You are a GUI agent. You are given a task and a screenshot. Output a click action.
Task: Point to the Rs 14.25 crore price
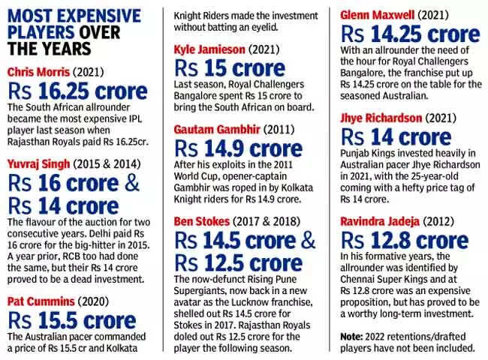[410, 34]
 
